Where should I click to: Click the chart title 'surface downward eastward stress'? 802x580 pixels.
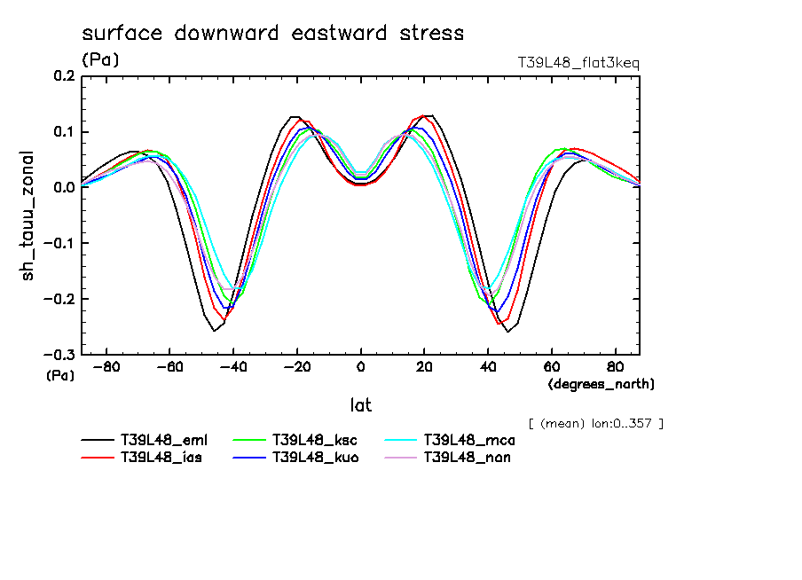272,34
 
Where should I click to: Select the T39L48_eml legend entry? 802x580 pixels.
165,440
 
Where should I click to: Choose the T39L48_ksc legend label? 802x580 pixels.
316,440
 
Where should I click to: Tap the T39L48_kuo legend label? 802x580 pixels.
316,459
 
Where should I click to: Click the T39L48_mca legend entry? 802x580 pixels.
469,440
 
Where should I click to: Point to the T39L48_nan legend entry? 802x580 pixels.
468,459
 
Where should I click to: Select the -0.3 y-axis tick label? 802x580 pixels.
60,355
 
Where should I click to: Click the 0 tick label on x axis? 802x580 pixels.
361,366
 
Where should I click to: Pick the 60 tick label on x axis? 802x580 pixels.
551,366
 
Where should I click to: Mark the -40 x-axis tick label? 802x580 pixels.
233,366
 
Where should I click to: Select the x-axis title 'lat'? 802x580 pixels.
360,405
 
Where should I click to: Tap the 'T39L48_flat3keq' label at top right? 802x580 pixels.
578,63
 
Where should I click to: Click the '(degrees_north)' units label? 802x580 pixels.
601,384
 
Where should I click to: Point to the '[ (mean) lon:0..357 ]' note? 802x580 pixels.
595,423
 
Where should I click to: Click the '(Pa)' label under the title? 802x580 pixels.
100,60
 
